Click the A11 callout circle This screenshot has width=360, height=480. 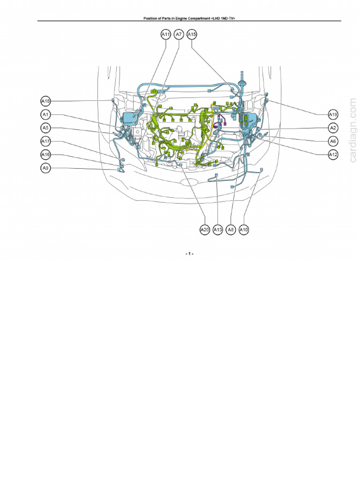pyautogui.click(x=166, y=35)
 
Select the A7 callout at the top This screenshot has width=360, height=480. pyautogui.click(x=179, y=35)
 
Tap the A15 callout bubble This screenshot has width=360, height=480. pyautogui.click(x=192, y=35)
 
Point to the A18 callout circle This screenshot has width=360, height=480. pyautogui.click(x=45, y=101)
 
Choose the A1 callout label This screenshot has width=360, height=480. pyautogui.click(x=45, y=114)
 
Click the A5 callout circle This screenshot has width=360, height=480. pyautogui.click(x=45, y=127)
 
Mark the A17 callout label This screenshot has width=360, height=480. pyautogui.click(x=45, y=141)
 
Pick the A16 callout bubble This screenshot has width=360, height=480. pyautogui.click(x=45, y=155)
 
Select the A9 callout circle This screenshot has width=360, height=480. pyautogui.click(x=45, y=168)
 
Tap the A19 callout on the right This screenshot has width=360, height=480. pyautogui.click(x=333, y=114)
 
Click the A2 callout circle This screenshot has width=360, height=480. pyautogui.click(x=333, y=127)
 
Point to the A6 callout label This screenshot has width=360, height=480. pyautogui.click(x=333, y=141)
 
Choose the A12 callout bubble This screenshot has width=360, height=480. pyautogui.click(x=333, y=154)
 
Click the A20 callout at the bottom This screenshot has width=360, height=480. pyautogui.click(x=204, y=230)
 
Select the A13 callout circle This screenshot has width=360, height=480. pyautogui.click(x=217, y=230)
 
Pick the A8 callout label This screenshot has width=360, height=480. pyautogui.click(x=231, y=230)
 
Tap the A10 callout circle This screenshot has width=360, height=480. pyautogui.click(x=244, y=230)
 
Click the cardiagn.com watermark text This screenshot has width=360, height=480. pyautogui.click(x=352, y=128)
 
